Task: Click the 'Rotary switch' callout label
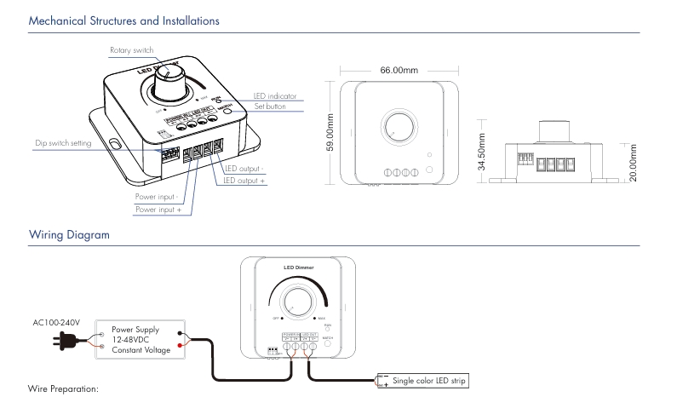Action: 131,51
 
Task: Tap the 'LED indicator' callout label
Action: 275,96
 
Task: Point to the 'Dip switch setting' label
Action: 63,143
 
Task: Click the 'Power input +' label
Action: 158,209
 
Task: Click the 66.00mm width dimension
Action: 397,69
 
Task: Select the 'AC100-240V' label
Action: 55,321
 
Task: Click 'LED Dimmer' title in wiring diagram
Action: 297,268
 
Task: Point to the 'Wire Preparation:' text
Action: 64,389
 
